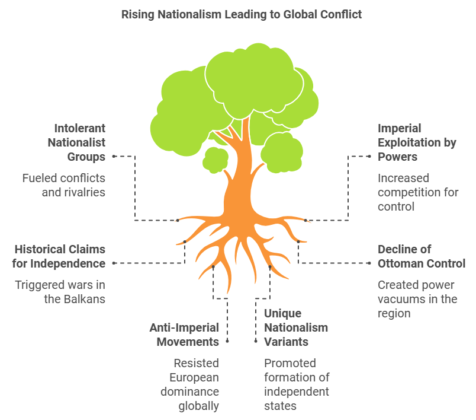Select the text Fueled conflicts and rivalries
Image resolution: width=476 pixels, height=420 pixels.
pyautogui.click(x=64, y=185)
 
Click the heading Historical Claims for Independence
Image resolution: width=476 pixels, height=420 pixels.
pyautogui.click(x=60, y=256)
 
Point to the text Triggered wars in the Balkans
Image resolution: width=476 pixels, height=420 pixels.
pyautogui.click(x=60, y=292)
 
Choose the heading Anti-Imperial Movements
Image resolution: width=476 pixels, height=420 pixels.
pyautogui.click(x=184, y=335)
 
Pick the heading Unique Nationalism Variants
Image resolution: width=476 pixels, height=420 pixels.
pyautogui.click(x=295, y=327)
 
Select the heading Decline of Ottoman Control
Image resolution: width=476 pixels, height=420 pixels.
pyautogui.click(x=422, y=256)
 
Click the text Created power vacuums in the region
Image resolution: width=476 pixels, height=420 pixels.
pyautogui.click(x=417, y=299)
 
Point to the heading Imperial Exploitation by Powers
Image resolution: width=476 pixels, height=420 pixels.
pyautogui.click(x=408, y=142)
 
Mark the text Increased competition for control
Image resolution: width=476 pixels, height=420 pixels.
pyautogui.click(x=418, y=192)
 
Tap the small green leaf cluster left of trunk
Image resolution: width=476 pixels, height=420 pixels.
pyautogui.click(x=215, y=160)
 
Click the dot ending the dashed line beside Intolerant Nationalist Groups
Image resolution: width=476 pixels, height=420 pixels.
pyautogui.click(x=113, y=157)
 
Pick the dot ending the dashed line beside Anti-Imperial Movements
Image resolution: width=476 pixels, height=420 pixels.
pyautogui.click(x=227, y=342)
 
